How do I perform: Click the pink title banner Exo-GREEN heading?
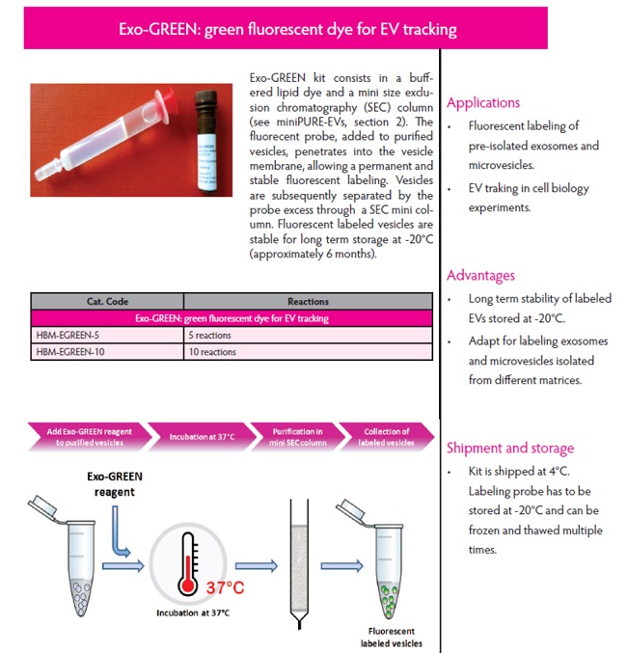pyautogui.click(x=314, y=29)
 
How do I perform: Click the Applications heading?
pyautogui.click(x=482, y=103)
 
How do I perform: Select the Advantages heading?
pyautogui.click(x=480, y=276)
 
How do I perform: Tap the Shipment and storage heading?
pyautogui.click(x=509, y=448)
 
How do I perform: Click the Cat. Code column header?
pyautogui.click(x=107, y=302)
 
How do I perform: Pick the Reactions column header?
pyautogui.click(x=308, y=302)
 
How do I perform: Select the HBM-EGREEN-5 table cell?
pyautogui.click(x=107, y=335)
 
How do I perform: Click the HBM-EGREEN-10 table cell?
pyautogui.click(x=107, y=351)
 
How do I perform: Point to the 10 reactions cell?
pyautogui.click(x=212, y=351)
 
